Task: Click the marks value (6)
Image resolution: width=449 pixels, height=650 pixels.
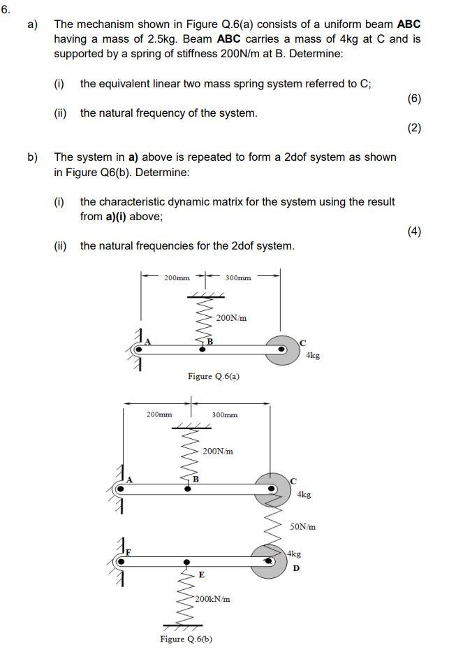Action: tap(414, 99)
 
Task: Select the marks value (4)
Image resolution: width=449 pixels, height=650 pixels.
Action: tap(414, 231)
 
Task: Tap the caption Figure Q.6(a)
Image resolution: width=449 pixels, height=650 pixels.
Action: tap(214, 376)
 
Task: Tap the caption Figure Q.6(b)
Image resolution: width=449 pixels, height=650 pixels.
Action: tap(186, 639)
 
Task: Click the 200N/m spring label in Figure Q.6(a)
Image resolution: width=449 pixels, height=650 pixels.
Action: tap(231, 318)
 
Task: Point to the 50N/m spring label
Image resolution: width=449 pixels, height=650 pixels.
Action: tap(302, 526)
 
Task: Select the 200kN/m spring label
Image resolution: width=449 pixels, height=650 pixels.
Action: tap(213, 599)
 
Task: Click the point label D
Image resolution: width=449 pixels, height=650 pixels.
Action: tap(296, 568)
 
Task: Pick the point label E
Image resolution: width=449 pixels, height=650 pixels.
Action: tap(201, 575)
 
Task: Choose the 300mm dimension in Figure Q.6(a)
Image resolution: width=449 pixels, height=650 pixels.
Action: tap(238, 278)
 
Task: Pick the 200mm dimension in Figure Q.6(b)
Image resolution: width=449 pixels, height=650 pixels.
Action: tap(159, 414)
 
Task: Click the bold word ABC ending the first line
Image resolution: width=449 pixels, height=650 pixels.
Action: tap(408, 24)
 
